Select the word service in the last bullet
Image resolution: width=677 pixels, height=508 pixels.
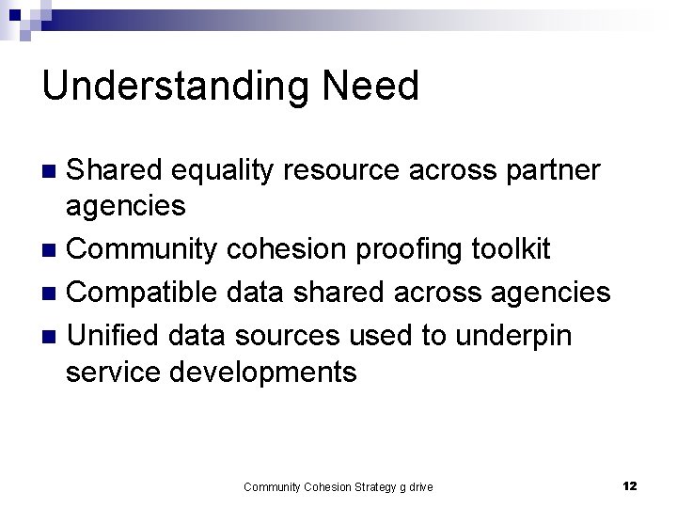tap(114, 373)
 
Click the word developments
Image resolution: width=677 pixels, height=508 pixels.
tap(263, 373)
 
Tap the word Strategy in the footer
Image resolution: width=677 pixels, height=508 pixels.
tap(374, 486)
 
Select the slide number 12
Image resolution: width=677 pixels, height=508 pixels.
tap(630, 485)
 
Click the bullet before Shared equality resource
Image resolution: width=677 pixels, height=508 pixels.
tap(54, 171)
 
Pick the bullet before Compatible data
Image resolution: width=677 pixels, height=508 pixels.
tap(54, 293)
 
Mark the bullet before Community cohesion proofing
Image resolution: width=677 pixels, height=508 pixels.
tap(54, 251)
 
